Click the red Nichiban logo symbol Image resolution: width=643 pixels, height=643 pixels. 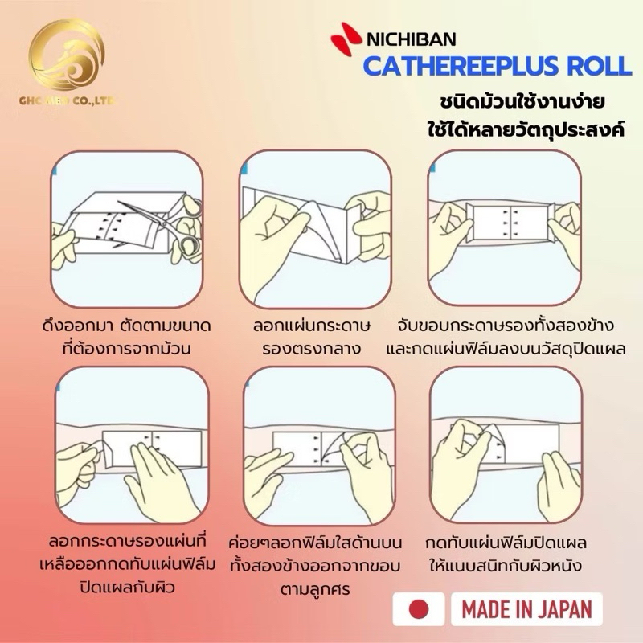click(346, 38)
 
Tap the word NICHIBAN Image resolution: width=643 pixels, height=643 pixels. click(411, 39)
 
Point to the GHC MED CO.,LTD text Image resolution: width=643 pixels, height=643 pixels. click(68, 100)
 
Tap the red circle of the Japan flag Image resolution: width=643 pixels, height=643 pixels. click(419, 609)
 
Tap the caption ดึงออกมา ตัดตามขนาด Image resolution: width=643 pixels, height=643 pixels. click(127, 326)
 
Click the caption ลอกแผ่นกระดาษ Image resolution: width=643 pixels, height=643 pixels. click(312, 326)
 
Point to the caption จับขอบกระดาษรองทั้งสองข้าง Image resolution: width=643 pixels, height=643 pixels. click(506, 326)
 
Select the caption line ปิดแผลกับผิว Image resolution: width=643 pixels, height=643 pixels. click(128, 588)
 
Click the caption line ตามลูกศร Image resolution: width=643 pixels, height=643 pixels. click(315, 589)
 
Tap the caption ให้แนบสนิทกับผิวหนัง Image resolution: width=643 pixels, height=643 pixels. click(506, 566)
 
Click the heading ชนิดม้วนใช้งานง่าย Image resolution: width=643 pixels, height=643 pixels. click(522, 103)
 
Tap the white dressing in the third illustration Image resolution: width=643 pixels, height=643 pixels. click(510, 223)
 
